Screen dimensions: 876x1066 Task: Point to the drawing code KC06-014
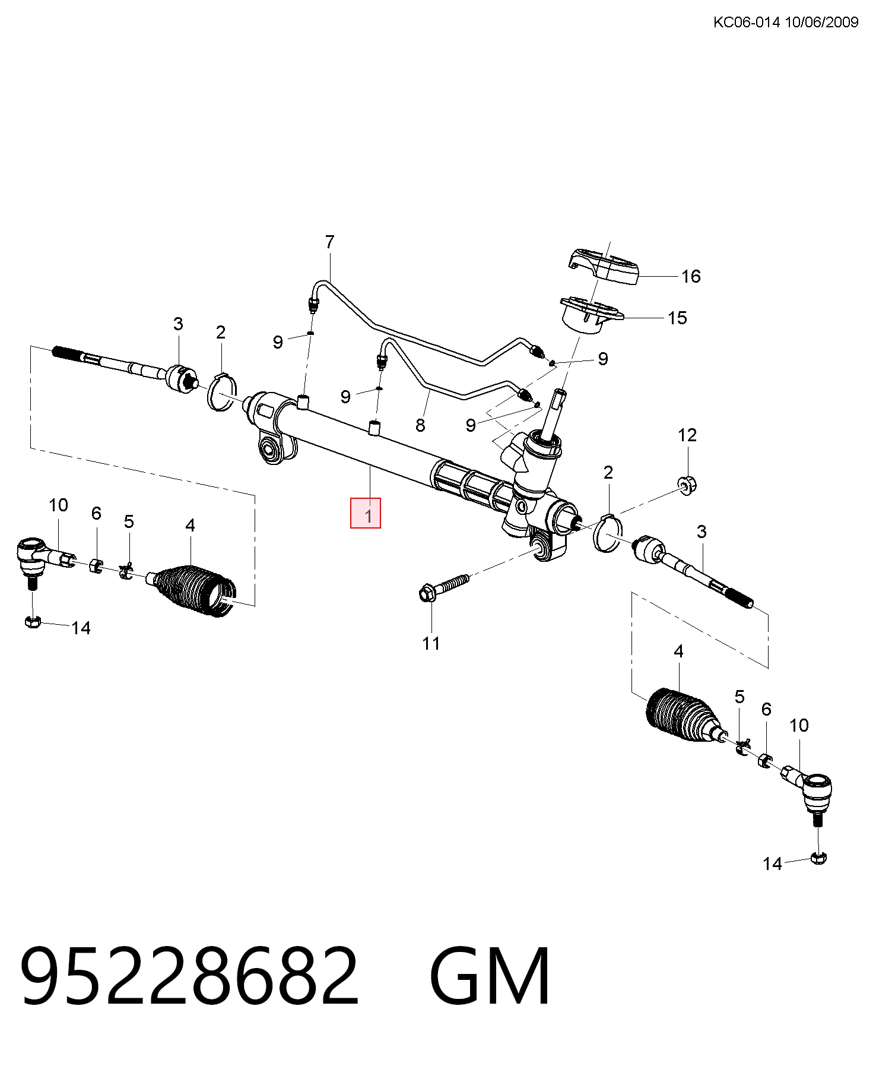pyautogui.click(x=747, y=23)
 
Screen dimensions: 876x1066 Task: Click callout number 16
pyautogui.click(x=691, y=276)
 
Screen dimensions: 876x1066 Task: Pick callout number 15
pyautogui.click(x=677, y=318)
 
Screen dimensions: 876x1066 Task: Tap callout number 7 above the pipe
pyautogui.click(x=330, y=242)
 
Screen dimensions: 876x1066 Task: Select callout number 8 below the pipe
pyautogui.click(x=420, y=425)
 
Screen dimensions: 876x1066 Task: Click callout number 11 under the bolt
pyautogui.click(x=431, y=643)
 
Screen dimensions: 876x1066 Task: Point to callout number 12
pyautogui.click(x=687, y=435)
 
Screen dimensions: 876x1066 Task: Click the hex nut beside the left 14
pyautogui.click(x=32, y=622)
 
